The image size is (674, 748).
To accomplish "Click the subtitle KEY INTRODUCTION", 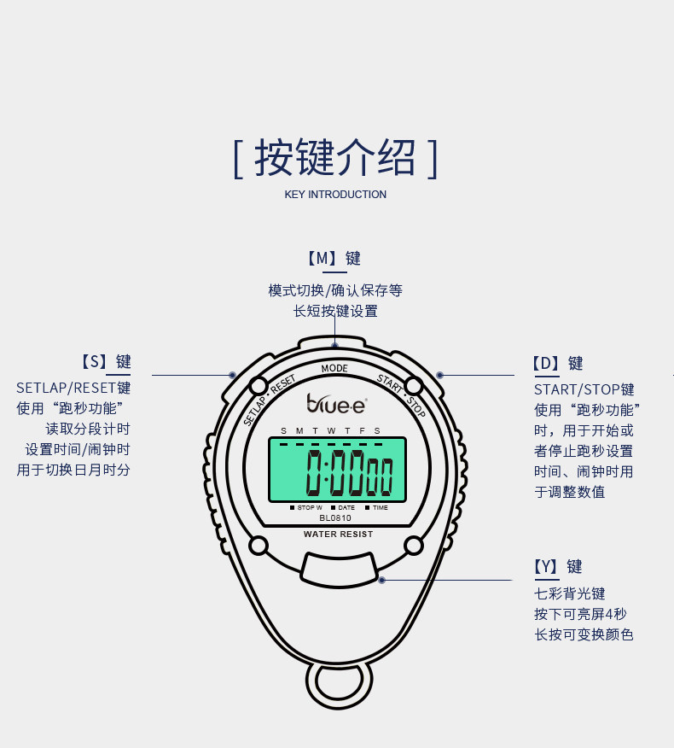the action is pyautogui.click(x=335, y=195).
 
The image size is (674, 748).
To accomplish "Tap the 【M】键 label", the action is pyautogui.click(x=334, y=258).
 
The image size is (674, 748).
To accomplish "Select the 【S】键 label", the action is pyautogui.click(x=106, y=362).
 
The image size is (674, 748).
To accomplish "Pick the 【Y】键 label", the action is pyautogui.click(x=558, y=566).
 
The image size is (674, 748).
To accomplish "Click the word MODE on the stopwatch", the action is pyautogui.click(x=334, y=369).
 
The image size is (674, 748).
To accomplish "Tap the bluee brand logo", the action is pyautogui.click(x=336, y=402).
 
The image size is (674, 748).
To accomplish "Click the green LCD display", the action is pyautogui.click(x=336, y=470).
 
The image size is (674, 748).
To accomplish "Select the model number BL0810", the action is pyautogui.click(x=335, y=517).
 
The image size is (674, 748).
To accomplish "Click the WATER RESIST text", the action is pyautogui.click(x=338, y=535).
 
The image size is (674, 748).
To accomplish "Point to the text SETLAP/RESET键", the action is pyautogui.click(x=73, y=388).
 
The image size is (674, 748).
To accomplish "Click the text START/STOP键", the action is pyautogui.click(x=584, y=389).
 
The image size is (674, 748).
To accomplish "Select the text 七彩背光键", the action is pyautogui.click(x=570, y=593).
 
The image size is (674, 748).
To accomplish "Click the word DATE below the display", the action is pyautogui.click(x=346, y=508).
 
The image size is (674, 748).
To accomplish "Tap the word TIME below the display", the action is pyautogui.click(x=380, y=508).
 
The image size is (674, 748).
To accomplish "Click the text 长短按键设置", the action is pyautogui.click(x=335, y=311).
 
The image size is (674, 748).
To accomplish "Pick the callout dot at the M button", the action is pyautogui.click(x=335, y=345).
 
